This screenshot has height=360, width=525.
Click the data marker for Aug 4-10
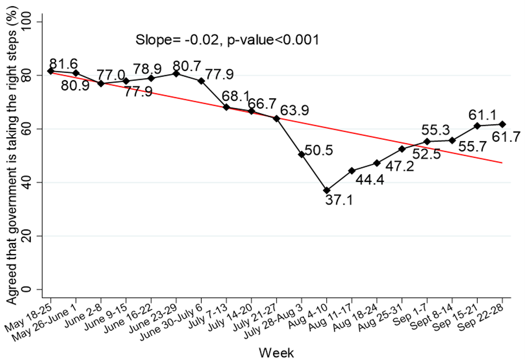[x=327, y=190]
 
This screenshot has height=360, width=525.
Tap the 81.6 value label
[x=64, y=64]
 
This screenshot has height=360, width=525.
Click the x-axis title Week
[x=276, y=353]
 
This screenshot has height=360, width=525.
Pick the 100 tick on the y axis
[x=29, y=22]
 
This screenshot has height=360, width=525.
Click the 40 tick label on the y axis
[x=29, y=182]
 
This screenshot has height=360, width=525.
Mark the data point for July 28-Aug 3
[x=301, y=154]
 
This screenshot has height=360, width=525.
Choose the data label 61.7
[x=506, y=137]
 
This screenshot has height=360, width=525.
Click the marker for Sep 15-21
[x=477, y=126]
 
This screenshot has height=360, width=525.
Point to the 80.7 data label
[x=187, y=66]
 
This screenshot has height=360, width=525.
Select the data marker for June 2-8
[x=101, y=84]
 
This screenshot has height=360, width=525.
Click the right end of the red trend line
[x=502, y=163]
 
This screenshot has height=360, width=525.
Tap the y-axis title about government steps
[x=12, y=156]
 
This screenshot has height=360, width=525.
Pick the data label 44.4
[x=370, y=180]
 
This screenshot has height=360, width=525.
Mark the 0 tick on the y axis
[x=29, y=289]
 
